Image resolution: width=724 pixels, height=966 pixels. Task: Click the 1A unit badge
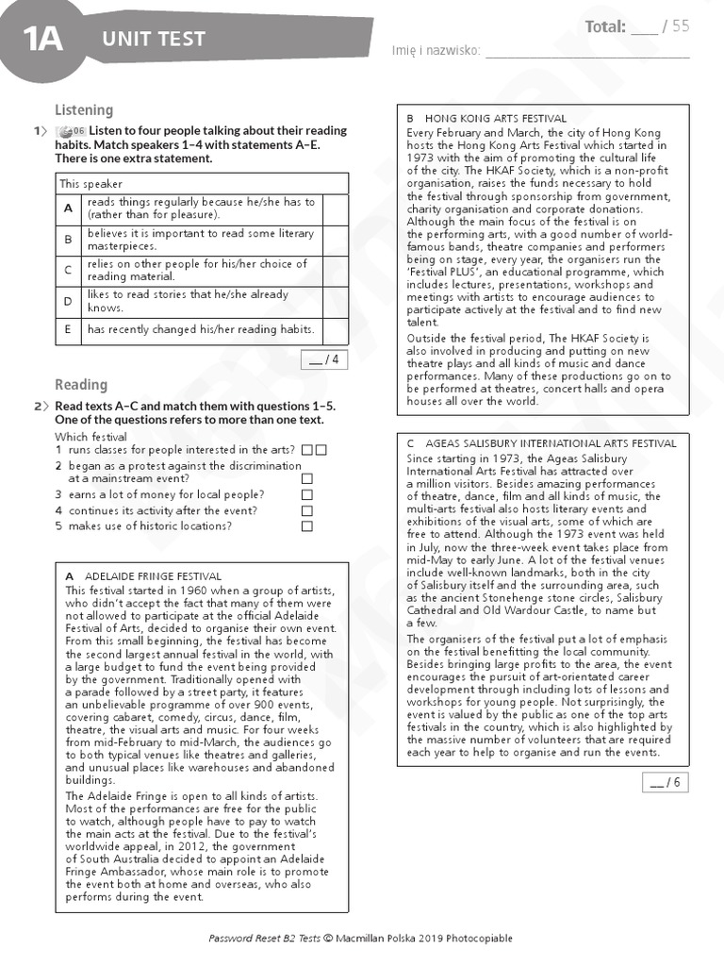click(42, 39)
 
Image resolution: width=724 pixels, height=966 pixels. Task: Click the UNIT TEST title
click(154, 39)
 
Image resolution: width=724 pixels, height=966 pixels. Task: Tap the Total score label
click(604, 26)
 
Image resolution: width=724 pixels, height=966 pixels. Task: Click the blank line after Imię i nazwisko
click(586, 51)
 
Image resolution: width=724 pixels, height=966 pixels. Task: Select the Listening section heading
click(83, 110)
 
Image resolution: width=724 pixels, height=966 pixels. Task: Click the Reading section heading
click(80, 385)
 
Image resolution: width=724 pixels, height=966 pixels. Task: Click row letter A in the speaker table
click(68, 208)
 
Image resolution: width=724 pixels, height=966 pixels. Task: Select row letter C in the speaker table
click(68, 271)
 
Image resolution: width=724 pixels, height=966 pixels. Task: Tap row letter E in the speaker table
click(68, 329)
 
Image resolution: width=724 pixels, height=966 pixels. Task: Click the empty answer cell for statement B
click(335, 240)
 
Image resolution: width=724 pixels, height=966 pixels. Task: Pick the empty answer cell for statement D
click(335, 301)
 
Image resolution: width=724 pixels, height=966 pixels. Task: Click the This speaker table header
click(90, 184)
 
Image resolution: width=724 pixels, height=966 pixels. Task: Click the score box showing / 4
click(323, 358)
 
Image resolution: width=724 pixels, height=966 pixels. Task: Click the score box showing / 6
click(665, 782)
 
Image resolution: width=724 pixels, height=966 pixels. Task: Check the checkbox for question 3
click(307, 494)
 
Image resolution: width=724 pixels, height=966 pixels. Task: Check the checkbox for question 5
click(307, 526)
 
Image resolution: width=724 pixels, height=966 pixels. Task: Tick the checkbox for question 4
click(307, 510)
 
